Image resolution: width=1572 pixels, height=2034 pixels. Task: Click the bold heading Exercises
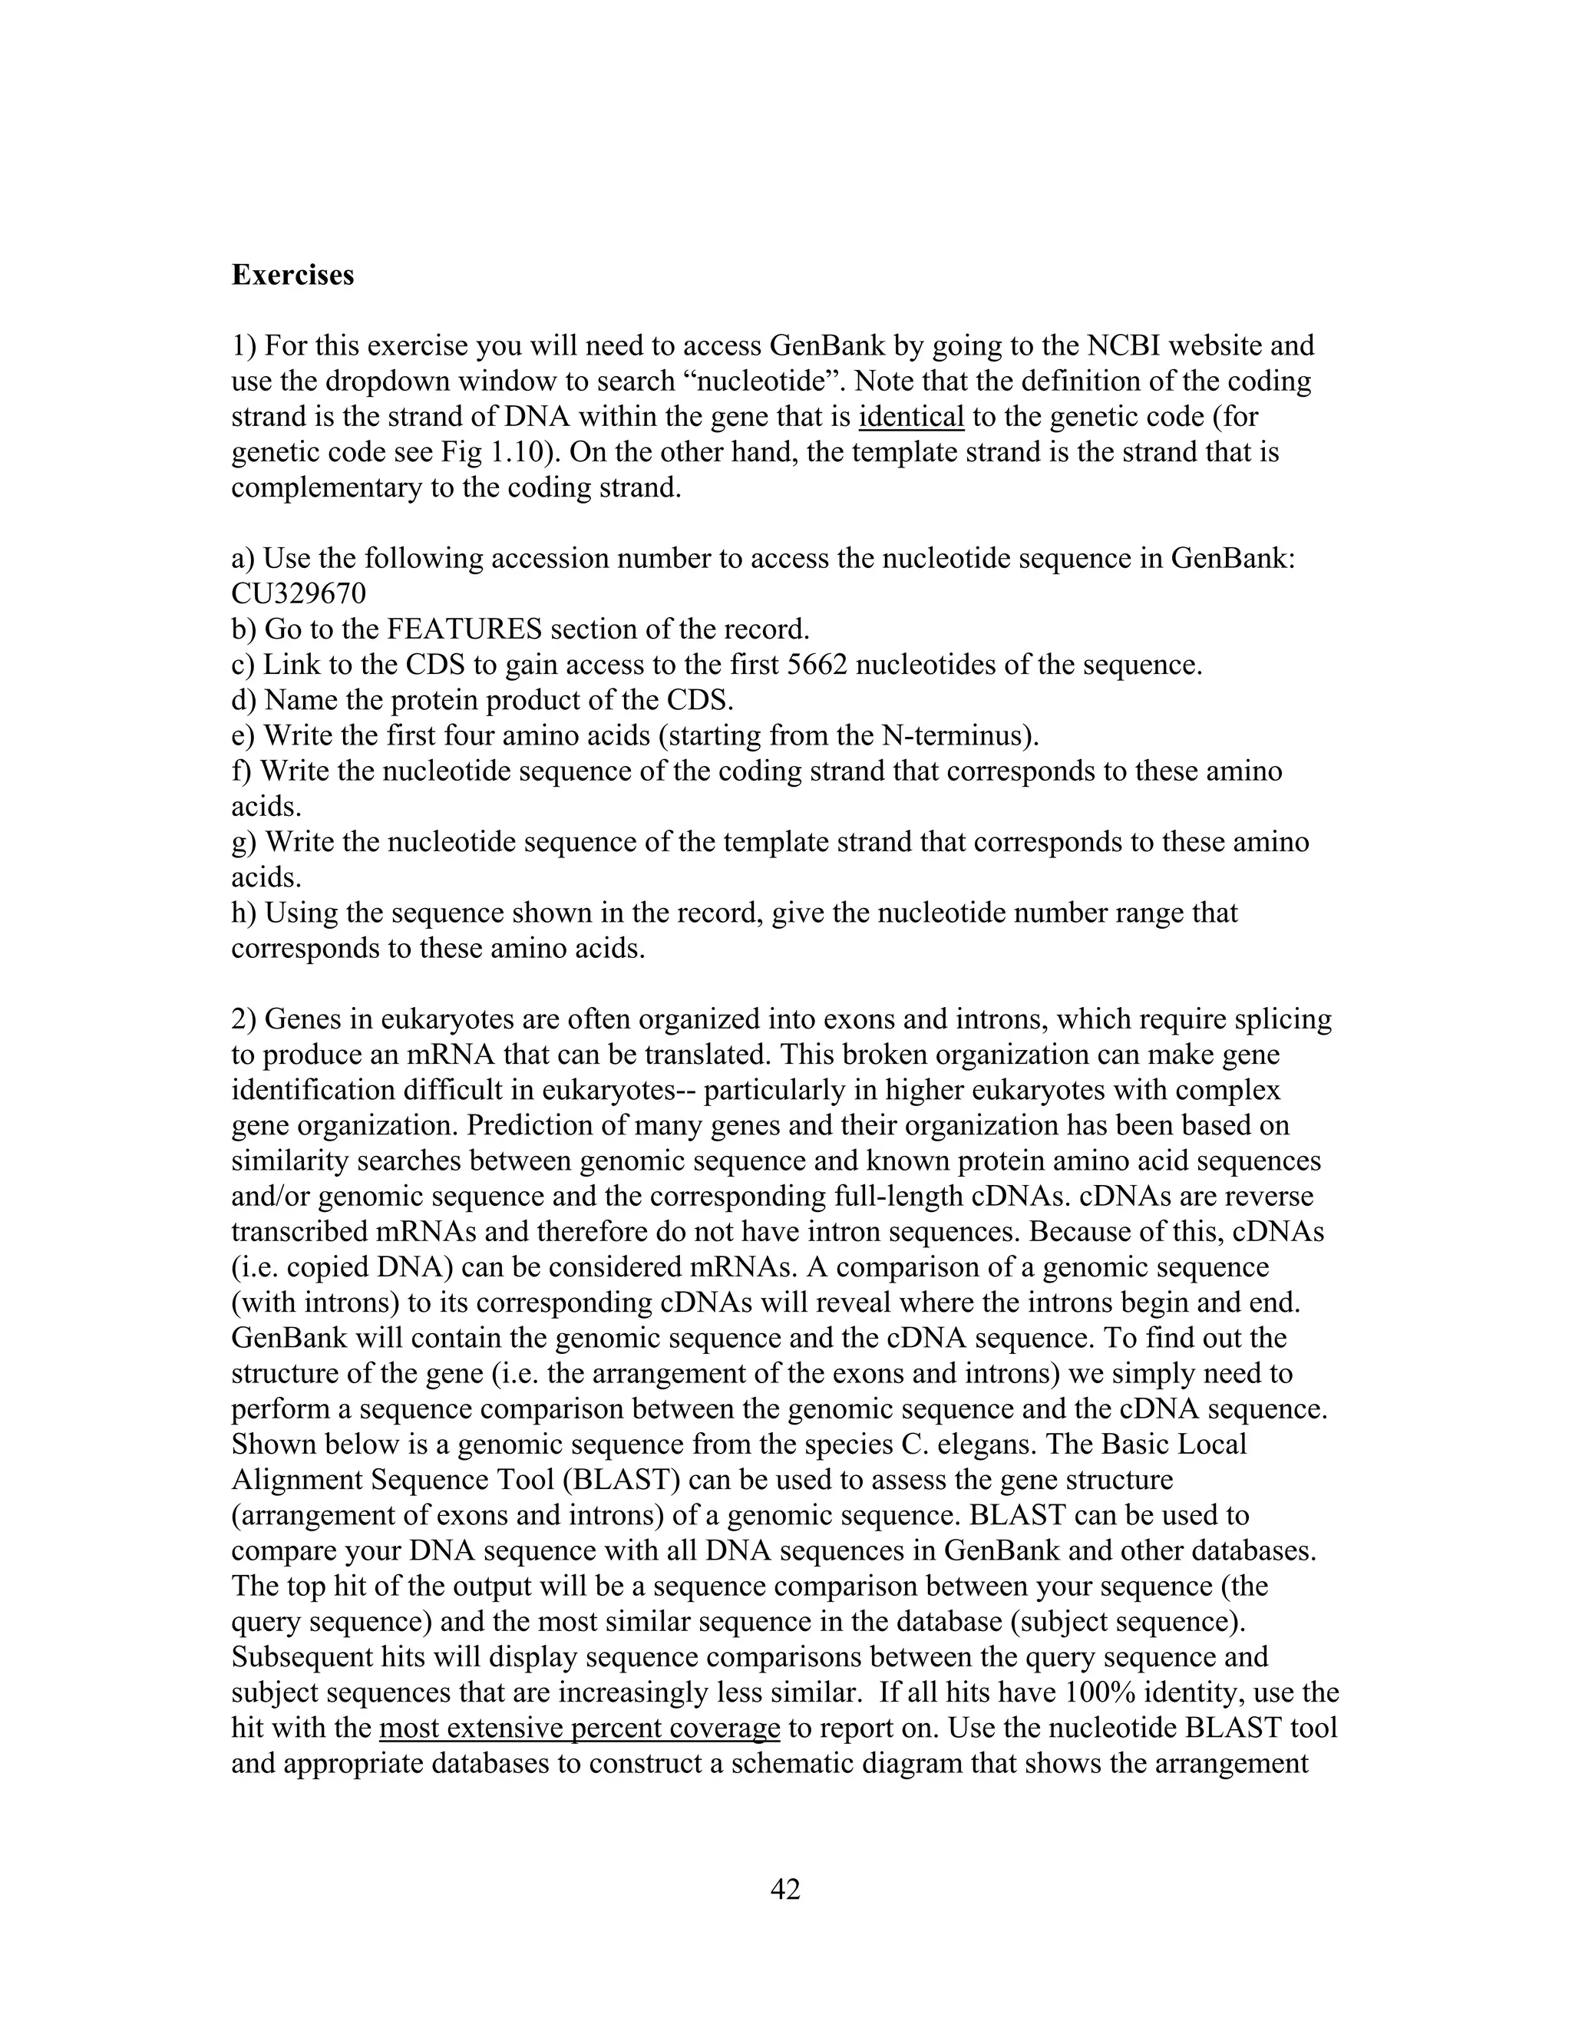point(292,276)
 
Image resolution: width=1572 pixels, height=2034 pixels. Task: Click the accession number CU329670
point(298,593)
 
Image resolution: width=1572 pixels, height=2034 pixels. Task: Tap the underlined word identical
point(911,416)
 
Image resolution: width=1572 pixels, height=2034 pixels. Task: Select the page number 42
point(785,1889)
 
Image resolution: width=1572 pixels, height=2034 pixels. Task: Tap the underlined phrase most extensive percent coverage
point(580,1728)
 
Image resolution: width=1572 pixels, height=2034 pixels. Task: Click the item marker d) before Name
point(243,700)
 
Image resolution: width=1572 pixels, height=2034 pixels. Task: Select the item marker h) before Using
point(243,913)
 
